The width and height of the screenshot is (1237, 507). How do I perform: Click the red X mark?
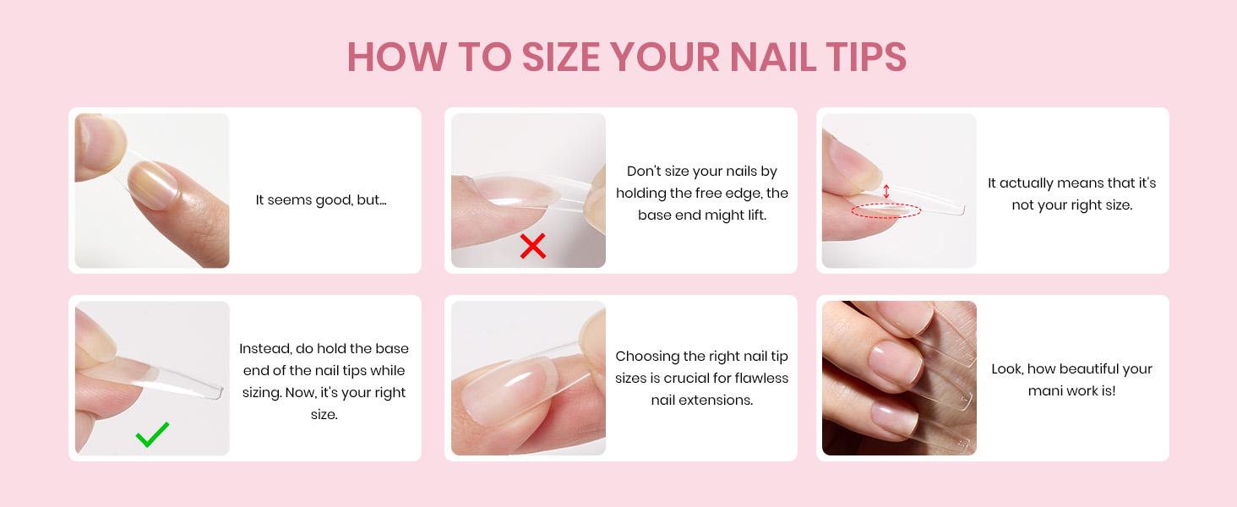(532, 246)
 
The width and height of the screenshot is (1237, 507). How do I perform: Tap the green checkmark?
(152, 434)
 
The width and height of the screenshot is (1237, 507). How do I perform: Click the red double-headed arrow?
(886, 192)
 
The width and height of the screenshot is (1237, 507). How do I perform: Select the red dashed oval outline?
(886, 211)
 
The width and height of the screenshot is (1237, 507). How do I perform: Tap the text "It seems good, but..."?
(321, 200)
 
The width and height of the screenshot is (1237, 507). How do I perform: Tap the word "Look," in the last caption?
(1011, 369)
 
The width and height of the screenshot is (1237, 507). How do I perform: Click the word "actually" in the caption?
(1026, 183)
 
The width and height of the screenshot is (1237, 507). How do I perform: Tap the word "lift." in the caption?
(752, 215)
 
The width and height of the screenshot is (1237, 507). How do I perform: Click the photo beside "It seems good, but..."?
(152, 191)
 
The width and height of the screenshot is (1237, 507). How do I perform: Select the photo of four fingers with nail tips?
(899, 379)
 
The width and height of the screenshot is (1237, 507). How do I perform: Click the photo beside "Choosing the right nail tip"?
(528, 379)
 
